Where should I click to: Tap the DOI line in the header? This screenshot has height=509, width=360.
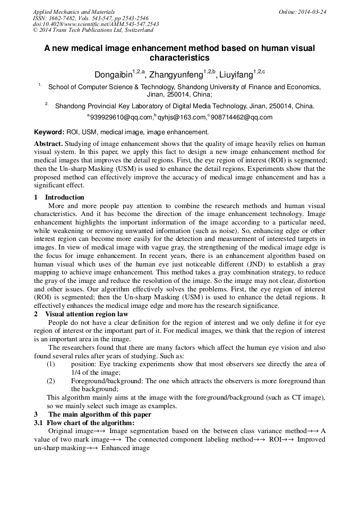96,24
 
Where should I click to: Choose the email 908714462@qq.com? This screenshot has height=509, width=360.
242,117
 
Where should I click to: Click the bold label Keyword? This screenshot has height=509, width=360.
49,132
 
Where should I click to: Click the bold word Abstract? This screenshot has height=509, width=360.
48,144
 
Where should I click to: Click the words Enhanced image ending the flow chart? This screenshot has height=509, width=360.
126,448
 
